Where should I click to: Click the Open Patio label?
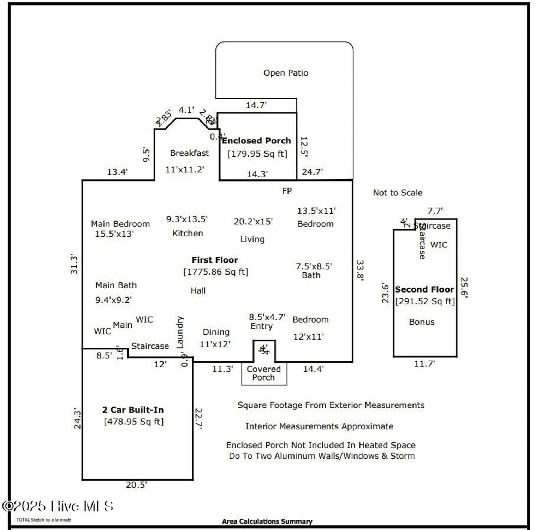[286, 73]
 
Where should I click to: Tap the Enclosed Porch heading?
[256, 141]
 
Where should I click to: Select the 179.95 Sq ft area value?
[257, 154]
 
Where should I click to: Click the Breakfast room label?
[189, 153]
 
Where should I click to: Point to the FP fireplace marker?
[287, 191]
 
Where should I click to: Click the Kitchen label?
[188, 233]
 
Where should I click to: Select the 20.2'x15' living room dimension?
[253, 222]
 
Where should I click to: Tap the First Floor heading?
[215, 260]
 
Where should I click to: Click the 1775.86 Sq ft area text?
[216, 272]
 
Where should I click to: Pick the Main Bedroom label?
[120, 224]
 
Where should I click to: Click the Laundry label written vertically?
[180, 332]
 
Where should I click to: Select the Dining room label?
[216, 332]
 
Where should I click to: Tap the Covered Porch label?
[263, 373]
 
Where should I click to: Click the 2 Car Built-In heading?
[133, 410]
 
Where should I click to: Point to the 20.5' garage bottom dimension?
[136, 485]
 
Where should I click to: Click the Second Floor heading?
[424, 289]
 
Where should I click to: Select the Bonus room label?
[422, 322]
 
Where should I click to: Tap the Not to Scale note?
[398, 193]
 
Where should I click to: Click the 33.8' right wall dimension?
[360, 270]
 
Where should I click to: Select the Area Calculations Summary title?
[267, 521]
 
